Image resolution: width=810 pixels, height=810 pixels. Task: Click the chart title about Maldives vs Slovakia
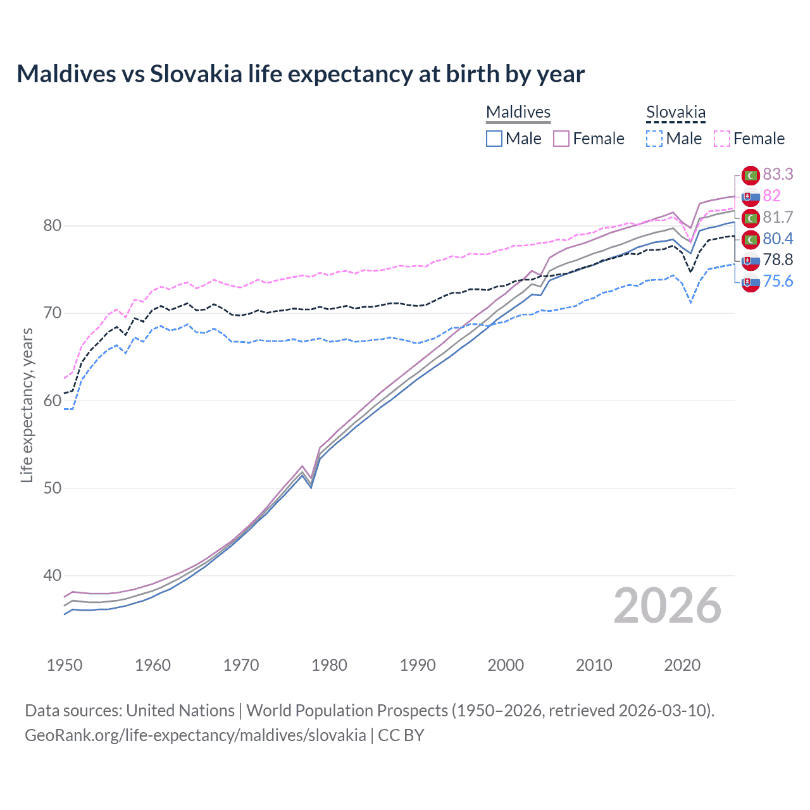(x=301, y=74)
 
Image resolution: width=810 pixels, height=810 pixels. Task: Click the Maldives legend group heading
(x=518, y=112)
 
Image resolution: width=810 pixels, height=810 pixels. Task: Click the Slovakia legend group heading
(x=675, y=113)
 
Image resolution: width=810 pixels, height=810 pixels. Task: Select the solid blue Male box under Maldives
(x=494, y=139)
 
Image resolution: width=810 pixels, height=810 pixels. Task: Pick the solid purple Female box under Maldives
(x=561, y=139)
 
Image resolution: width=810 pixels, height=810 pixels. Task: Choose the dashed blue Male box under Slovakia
(x=654, y=139)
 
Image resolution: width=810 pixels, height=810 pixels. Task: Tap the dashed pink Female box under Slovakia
(x=721, y=139)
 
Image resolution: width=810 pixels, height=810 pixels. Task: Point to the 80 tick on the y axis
(x=52, y=226)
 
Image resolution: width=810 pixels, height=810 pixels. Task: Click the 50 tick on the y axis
(x=52, y=488)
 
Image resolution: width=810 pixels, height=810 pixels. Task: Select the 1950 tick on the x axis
(x=65, y=665)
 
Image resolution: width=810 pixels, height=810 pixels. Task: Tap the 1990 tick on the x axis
(x=418, y=665)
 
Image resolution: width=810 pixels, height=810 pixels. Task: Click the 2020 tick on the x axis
(x=682, y=665)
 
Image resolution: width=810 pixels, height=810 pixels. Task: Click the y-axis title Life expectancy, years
(x=27, y=405)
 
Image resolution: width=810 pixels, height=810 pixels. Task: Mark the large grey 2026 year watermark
(x=667, y=606)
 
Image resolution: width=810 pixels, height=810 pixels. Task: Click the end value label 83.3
(x=778, y=174)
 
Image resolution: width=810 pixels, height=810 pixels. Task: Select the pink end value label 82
(x=771, y=196)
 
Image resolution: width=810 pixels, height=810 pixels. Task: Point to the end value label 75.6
(x=778, y=281)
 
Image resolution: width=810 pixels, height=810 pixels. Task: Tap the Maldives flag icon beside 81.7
(x=751, y=218)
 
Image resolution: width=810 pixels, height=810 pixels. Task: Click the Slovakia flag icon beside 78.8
(x=751, y=260)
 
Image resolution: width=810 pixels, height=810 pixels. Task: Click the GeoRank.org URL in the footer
(x=195, y=735)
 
